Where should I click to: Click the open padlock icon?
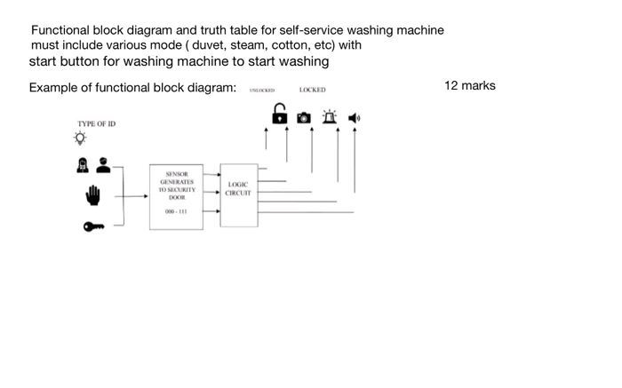point(279,115)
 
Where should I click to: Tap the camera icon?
point(303,116)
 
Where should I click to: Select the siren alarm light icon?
point(330,115)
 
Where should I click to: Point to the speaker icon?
point(354,116)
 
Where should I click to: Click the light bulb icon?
point(81,139)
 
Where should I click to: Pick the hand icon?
point(93,194)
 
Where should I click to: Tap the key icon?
point(93,227)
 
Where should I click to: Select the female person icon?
point(82,164)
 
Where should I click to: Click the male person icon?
point(103,164)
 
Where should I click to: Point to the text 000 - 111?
point(175,212)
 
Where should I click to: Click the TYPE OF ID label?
point(96,123)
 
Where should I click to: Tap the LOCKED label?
point(313,90)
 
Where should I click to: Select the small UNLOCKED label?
point(261,91)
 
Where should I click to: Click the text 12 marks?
point(469,85)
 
